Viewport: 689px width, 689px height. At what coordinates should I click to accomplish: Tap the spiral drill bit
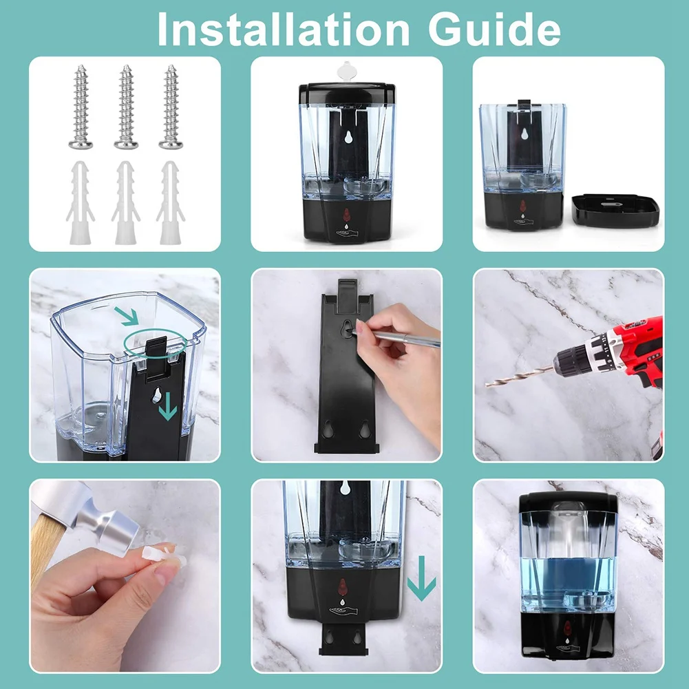point(520,376)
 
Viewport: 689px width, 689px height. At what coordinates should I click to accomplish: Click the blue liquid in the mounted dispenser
point(568,578)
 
